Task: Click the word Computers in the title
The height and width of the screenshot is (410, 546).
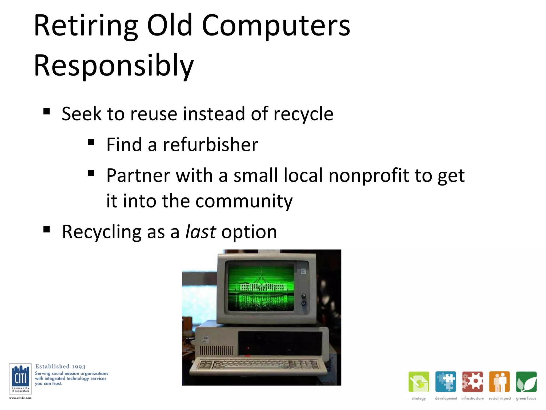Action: coord(276,26)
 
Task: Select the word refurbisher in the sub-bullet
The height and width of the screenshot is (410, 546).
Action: coord(210,145)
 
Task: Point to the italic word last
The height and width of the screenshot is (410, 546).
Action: coord(200,232)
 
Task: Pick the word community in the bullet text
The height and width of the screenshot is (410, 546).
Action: coord(244,201)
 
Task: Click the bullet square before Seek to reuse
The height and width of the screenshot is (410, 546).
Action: coord(47,111)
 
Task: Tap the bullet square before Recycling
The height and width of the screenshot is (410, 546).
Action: coord(47,229)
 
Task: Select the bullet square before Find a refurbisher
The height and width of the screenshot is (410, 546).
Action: coord(91,142)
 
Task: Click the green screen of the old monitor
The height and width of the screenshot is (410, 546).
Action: coord(261,288)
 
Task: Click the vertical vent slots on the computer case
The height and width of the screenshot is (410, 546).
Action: coord(216,350)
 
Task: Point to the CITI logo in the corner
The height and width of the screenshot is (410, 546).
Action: coord(20,379)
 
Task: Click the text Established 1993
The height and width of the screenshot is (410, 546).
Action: coord(60,366)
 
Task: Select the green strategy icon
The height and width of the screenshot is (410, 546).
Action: coord(419,382)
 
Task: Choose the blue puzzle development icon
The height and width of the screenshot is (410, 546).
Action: coord(445,382)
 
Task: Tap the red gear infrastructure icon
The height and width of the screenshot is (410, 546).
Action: coord(472,382)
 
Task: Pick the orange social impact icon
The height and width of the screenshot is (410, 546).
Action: coord(499,382)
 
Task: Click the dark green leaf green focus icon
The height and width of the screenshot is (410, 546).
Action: coord(526,382)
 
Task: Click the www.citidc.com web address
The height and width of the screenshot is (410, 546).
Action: coord(20,398)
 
